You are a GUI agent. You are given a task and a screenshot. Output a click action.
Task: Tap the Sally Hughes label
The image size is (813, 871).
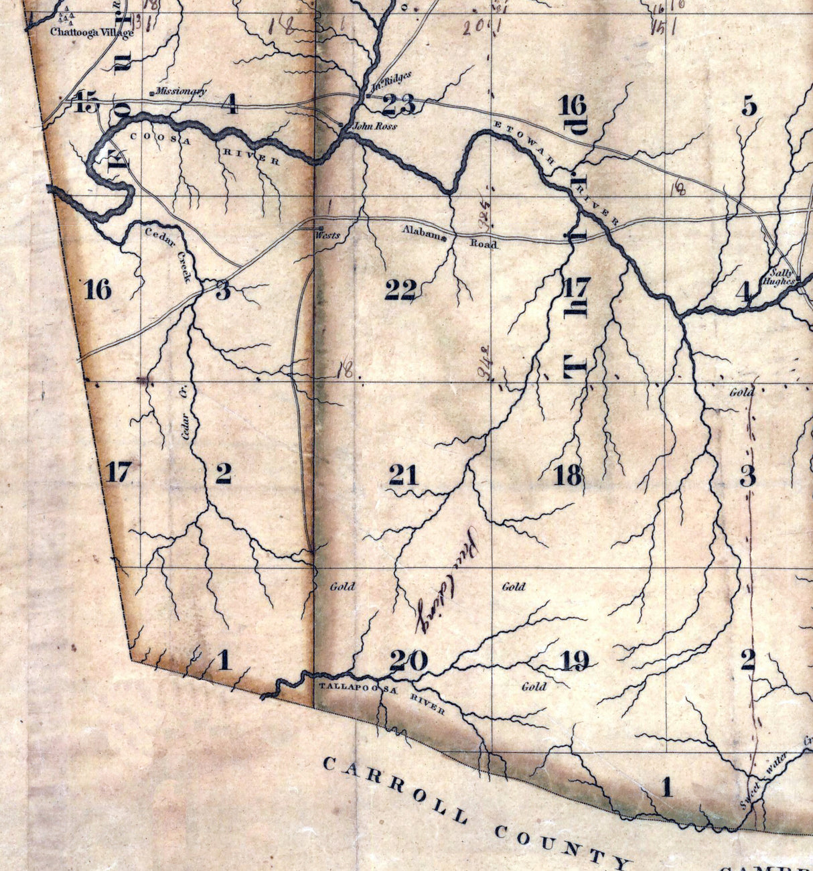click(781, 277)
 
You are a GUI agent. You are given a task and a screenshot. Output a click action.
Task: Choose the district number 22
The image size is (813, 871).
click(400, 289)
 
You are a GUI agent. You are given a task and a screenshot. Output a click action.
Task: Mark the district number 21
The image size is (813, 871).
click(403, 475)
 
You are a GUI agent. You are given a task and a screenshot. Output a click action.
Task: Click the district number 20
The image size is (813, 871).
click(409, 661)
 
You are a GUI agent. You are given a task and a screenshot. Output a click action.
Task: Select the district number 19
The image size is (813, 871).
click(574, 661)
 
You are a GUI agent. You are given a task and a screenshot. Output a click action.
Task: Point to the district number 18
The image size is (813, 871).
click(568, 475)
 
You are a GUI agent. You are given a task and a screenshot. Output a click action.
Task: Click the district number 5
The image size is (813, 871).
click(749, 106)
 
